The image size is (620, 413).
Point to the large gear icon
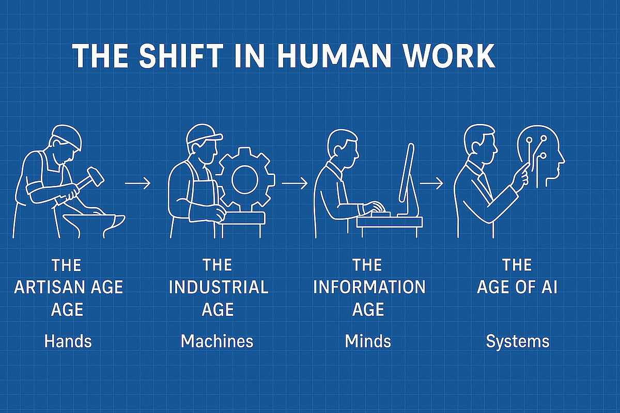[245, 179]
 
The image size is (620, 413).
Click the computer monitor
[408, 180]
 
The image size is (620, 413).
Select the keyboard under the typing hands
[381, 215]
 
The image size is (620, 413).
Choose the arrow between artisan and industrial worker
[137, 183]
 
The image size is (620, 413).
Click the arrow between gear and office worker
[295, 183]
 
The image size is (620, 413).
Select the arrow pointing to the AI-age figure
[431, 183]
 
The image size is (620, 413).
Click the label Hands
[68, 341]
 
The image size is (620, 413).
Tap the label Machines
[217, 341]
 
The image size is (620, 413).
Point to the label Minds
[368, 341]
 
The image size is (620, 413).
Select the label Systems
[518, 342]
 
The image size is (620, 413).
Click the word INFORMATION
[369, 287]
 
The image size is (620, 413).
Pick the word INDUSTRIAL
[219, 287]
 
